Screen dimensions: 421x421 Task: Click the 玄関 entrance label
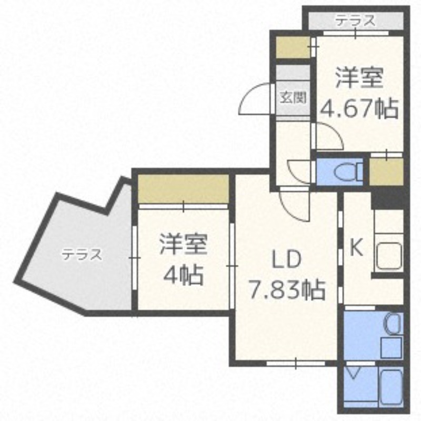[294, 98]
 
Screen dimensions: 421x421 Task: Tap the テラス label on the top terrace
[356, 21]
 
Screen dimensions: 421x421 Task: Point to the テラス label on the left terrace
[83, 254]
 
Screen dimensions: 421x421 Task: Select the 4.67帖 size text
[359, 109]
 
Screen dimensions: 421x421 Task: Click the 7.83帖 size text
[287, 289]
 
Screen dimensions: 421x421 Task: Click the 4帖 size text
[183, 275]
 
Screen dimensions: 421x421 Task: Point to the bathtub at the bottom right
[391, 386]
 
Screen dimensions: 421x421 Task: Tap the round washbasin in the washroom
[394, 324]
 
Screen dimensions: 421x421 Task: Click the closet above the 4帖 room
[183, 189]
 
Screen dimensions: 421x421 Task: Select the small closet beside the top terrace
[293, 47]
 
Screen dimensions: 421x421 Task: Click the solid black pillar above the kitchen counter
[387, 199]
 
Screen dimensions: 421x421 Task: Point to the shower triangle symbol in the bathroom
[353, 373]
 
